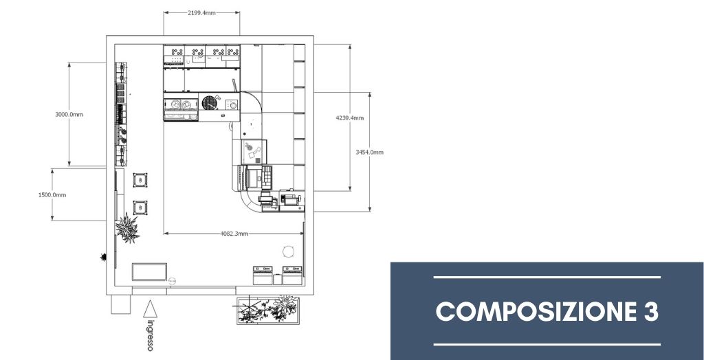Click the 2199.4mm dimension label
pyautogui.click(x=201, y=13)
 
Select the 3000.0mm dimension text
pyautogui.click(x=69, y=115)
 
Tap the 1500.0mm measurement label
pyautogui.click(x=52, y=195)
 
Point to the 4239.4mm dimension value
pyautogui.click(x=350, y=118)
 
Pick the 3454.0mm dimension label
pyautogui.click(x=369, y=152)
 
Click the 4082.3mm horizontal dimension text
pyautogui.click(x=234, y=234)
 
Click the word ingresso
pyautogui.click(x=150, y=335)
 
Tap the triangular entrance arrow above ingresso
pyautogui.click(x=150, y=308)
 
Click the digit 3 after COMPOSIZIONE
pyautogui.click(x=650, y=311)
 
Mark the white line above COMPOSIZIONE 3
pyautogui.click(x=547, y=278)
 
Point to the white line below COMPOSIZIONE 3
pyautogui.click(x=547, y=345)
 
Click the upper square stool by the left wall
pyautogui.click(x=140, y=180)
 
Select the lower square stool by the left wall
pyautogui.click(x=140, y=208)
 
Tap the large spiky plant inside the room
pyautogui.click(x=127, y=228)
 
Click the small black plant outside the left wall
pyautogui.click(x=104, y=257)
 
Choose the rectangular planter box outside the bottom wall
pyautogui.click(x=267, y=310)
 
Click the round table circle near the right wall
pyautogui.click(x=289, y=251)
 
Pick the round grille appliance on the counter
pyautogui.click(x=209, y=102)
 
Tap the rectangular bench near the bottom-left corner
pyautogui.click(x=149, y=272)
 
